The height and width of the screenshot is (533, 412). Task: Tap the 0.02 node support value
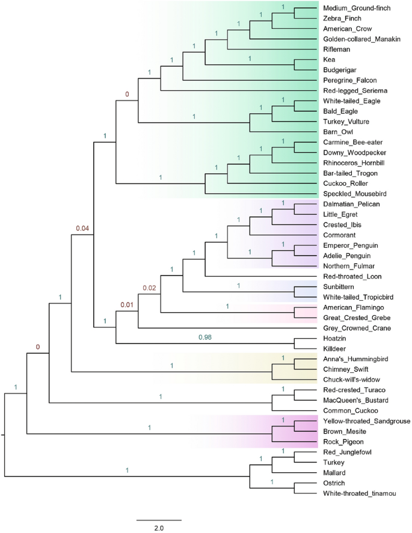149,289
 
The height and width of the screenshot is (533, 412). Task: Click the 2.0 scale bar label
158,528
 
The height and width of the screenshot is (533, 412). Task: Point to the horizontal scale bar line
158,519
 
